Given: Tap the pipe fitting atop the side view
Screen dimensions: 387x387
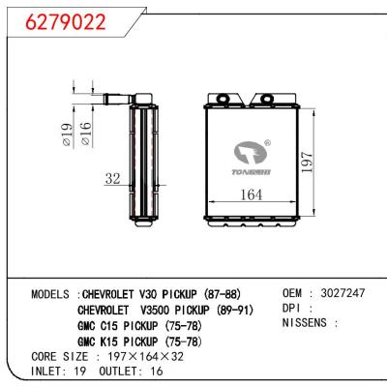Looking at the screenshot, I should pyautogui.click(x=123, y=96).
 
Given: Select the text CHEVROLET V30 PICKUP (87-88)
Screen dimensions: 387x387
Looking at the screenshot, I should pyautogui.click(x=162, y=294).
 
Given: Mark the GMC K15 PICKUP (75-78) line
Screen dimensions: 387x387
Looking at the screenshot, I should pyautogui.click(x=140, y=343).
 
